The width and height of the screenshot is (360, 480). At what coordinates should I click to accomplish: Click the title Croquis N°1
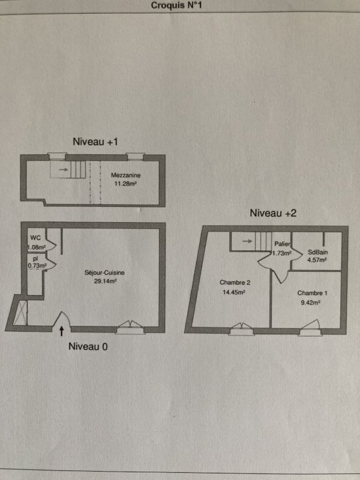176,5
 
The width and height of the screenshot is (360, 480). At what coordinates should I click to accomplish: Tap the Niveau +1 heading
95,142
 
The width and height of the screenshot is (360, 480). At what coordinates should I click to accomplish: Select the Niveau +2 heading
273,213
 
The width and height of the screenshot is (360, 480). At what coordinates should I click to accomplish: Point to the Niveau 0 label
88,347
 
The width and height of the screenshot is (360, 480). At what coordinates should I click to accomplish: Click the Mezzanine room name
125,175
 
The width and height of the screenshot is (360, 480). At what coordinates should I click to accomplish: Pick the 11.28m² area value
126,184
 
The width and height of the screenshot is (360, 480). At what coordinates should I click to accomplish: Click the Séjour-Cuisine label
104,273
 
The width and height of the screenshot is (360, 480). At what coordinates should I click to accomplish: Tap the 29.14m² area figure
105,280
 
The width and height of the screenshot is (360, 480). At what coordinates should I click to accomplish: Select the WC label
35,238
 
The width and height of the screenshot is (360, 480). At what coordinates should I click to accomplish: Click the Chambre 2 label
232,282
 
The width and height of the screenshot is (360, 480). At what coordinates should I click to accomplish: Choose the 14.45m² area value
233,292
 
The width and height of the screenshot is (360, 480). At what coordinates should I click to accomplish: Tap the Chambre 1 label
312,293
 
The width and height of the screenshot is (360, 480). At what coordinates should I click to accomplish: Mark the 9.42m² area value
311,303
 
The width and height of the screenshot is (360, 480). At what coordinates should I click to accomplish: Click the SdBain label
317,253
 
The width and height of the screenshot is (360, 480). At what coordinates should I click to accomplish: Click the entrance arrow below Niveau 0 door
62,331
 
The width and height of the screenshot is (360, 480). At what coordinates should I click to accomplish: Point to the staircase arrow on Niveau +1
64,169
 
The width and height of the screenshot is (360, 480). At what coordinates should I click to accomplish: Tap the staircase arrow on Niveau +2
247,241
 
